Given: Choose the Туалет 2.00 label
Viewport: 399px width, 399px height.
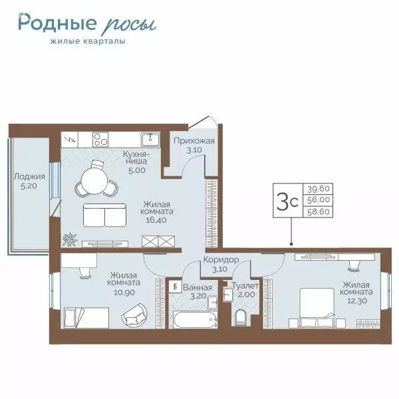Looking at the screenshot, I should point(245,291).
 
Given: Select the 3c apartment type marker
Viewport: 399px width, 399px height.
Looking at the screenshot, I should point(287,201).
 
